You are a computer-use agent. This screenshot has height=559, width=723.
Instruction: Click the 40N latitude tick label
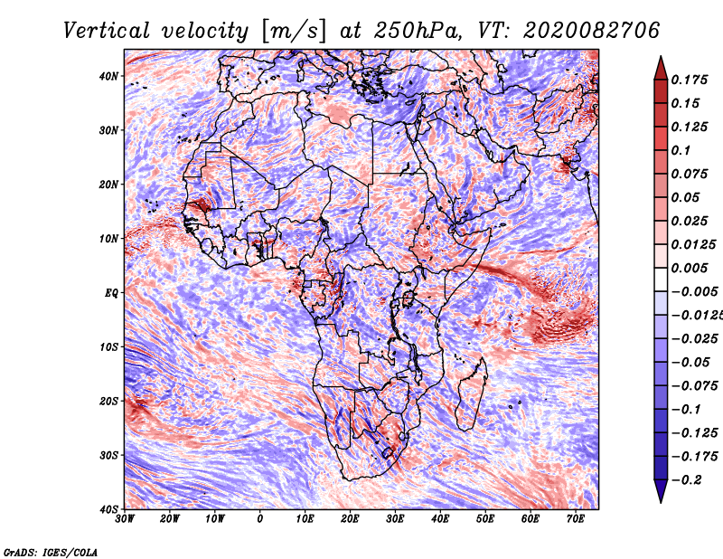108,76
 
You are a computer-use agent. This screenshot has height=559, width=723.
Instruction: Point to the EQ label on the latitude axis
111,293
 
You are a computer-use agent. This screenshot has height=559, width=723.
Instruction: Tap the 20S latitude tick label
108,401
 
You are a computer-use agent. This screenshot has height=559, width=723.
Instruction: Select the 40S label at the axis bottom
108,509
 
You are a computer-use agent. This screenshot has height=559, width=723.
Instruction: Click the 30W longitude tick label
125,519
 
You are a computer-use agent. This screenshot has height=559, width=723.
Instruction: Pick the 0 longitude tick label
260,519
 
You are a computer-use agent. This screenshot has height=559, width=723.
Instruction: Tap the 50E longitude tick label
485,519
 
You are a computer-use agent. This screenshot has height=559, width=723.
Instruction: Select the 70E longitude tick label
576,519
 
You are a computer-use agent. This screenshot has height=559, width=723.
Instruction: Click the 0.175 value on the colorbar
690,81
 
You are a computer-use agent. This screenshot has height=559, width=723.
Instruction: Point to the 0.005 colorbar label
690,268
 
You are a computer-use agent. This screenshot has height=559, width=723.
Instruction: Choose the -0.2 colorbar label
686,480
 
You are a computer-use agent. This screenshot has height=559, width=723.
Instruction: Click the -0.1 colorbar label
686,410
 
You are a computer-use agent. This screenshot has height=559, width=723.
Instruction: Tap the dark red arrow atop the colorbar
661,68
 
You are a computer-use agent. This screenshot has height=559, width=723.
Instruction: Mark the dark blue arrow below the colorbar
661,491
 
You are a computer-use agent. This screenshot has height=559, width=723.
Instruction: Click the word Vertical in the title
107,31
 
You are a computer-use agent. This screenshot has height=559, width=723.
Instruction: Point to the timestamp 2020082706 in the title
592,31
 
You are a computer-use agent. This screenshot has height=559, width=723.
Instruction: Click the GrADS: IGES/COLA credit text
51,553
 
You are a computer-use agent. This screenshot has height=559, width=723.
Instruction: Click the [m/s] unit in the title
295,32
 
